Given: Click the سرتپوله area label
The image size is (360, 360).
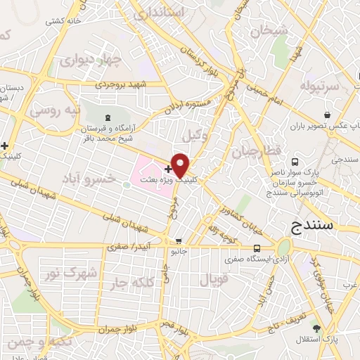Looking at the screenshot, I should point(320,86).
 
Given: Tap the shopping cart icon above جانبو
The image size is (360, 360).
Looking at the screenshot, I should point(179,240).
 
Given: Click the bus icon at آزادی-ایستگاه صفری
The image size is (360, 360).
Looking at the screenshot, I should point(257,248).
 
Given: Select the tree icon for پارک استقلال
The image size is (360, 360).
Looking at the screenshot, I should point(316,328).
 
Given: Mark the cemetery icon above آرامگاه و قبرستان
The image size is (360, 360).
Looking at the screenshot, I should point(107,117).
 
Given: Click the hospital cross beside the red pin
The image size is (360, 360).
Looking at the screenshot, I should point(167,169).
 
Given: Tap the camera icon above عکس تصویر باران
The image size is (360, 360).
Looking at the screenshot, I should point(326,115).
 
